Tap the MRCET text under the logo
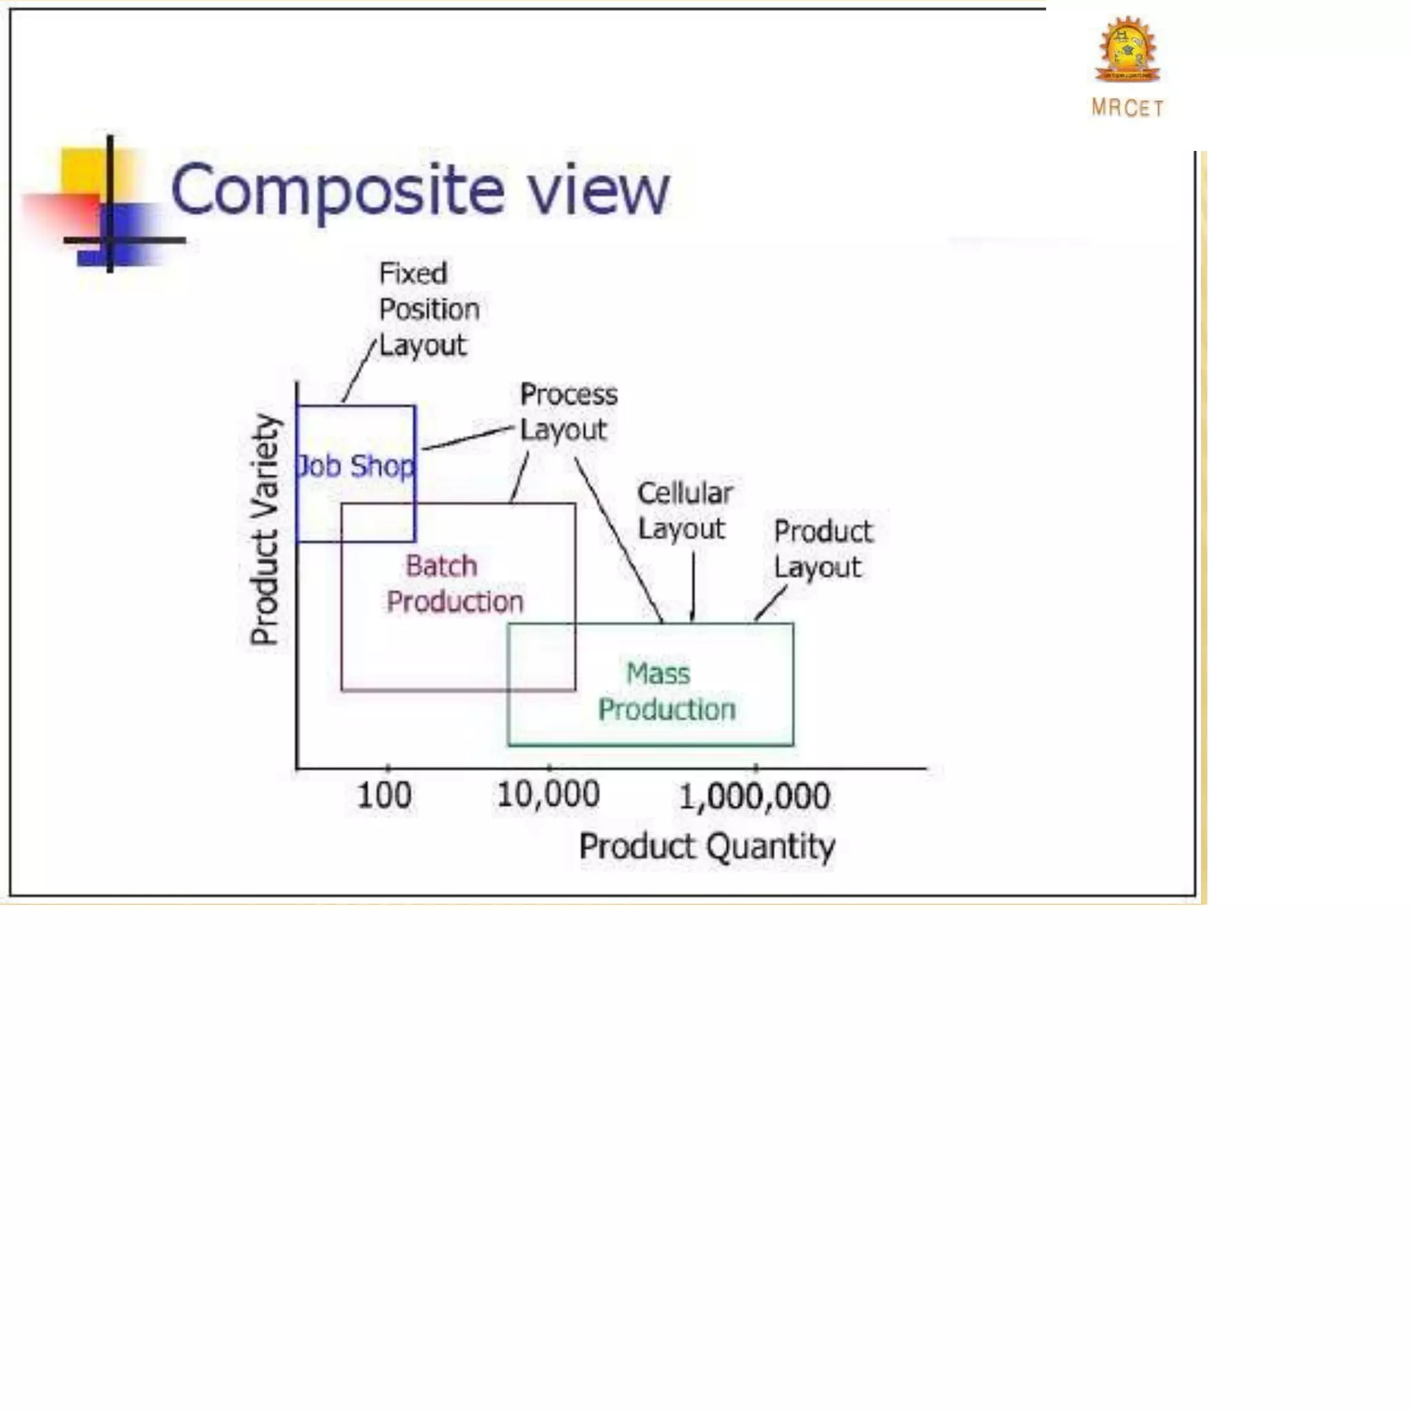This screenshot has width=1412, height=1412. [1127, 108]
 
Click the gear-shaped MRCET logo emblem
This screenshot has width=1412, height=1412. [1127, 50]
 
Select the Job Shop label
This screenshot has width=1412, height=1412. [355, 466]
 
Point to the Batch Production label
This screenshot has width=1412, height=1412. [454, 584]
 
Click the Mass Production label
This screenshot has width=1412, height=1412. [666, 692]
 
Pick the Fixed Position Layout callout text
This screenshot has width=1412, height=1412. [428, 309]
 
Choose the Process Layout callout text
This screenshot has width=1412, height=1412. [568, 412]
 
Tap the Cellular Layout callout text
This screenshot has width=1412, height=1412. [684, 511]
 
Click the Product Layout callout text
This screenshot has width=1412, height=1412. [823, 549]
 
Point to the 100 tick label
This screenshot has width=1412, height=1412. [384, 796]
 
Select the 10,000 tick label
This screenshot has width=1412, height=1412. [548, 794]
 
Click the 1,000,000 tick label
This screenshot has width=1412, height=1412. [754, 796]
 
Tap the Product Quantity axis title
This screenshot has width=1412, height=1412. [706, 847]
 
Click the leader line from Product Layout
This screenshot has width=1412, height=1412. [770, 603]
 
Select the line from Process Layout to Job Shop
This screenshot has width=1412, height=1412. [467, 437]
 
